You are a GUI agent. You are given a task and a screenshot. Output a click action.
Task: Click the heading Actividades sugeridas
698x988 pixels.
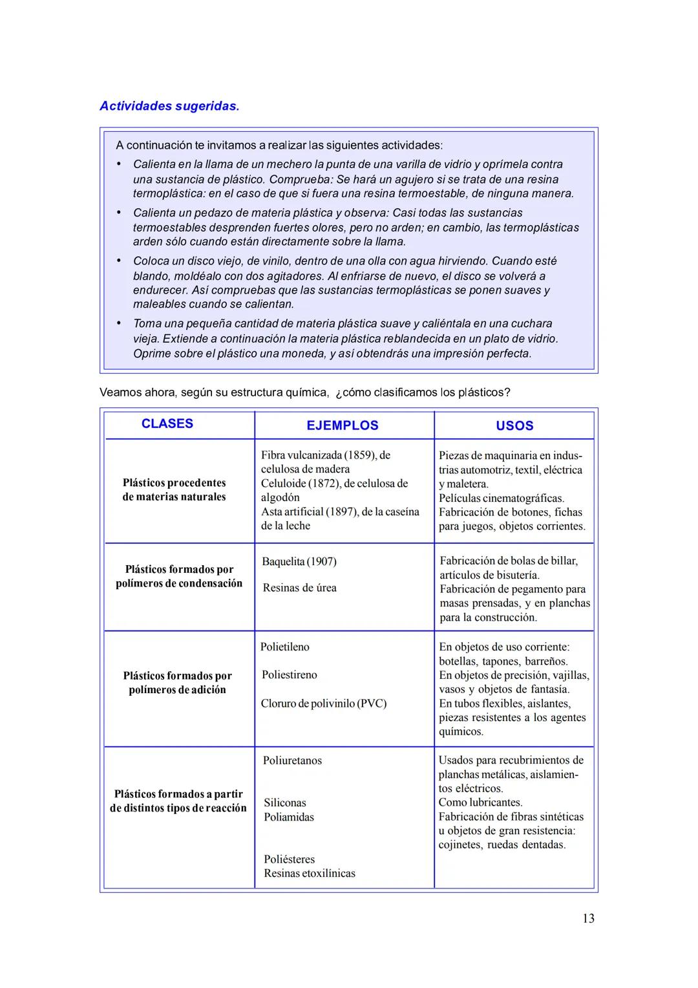(169, 106)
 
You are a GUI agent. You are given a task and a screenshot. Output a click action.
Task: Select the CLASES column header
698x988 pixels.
(167, 424)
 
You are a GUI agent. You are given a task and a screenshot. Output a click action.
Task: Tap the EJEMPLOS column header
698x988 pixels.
(342, 425)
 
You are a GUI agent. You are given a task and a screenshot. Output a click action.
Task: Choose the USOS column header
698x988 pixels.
(514, 425)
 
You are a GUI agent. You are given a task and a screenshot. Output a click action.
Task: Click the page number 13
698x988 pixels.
(587, 918)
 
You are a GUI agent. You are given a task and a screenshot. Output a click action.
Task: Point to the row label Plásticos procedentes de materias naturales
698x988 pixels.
(174, 490)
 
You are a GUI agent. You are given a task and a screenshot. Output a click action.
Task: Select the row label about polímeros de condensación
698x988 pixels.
(179, 576)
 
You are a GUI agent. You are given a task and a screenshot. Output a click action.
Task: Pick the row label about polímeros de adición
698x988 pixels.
(177, 683)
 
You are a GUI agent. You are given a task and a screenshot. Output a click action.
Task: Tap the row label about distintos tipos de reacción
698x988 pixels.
(178, 801)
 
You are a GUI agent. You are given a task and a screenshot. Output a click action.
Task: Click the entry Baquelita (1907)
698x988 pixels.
(299, 561)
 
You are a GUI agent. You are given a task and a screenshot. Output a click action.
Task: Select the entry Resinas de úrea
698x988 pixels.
(299, 588)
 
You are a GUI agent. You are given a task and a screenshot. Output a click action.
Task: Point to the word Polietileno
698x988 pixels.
(284, 647)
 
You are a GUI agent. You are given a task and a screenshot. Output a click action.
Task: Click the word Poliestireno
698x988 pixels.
(289, 674)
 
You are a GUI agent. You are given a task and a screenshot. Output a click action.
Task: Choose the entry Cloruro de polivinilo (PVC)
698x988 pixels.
(323, 703)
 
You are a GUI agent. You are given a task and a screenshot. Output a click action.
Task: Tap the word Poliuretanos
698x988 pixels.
(292, 760)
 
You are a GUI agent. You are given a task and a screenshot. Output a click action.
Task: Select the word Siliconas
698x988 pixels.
(284, 802)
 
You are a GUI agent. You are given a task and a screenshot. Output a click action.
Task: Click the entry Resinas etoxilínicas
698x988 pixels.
(309, 874)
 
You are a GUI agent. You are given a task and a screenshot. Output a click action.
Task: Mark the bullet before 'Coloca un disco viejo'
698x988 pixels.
(119, 261)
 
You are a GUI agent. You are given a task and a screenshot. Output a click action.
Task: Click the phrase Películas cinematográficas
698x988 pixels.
(502, 498)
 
